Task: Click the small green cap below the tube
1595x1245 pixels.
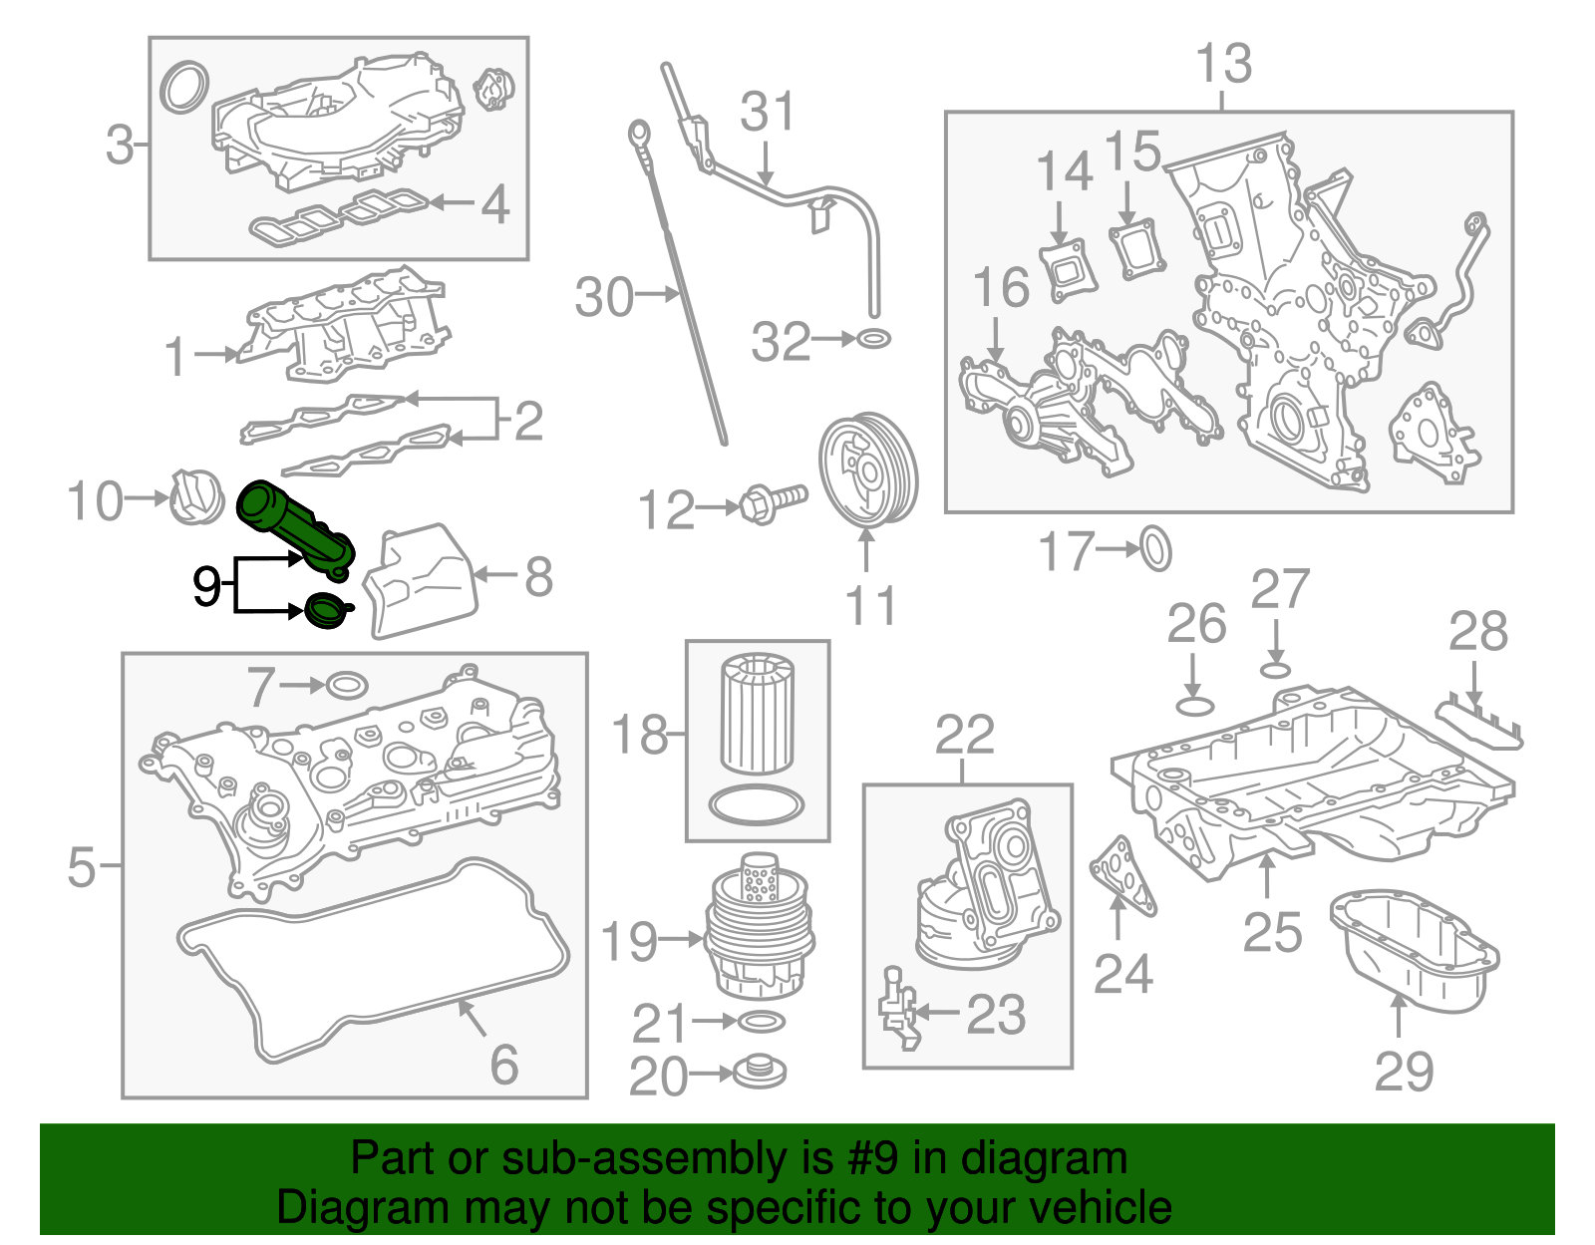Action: pos(325,611)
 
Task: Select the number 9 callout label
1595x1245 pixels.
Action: pos(206,586)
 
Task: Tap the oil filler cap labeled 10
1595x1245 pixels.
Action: pos(194,496)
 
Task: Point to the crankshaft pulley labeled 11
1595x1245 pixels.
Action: pos(867,474)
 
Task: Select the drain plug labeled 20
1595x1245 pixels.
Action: pos(760,1073)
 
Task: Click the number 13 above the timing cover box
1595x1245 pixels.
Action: pos(1224,64)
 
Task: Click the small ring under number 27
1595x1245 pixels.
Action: pos(1276,670)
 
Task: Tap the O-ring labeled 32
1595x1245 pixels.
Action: pos(873,339)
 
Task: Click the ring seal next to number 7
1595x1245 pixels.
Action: pos(346,686)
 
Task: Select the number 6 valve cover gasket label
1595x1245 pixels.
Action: pos(504,1065)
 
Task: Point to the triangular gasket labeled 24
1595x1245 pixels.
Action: pos(1123,875)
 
